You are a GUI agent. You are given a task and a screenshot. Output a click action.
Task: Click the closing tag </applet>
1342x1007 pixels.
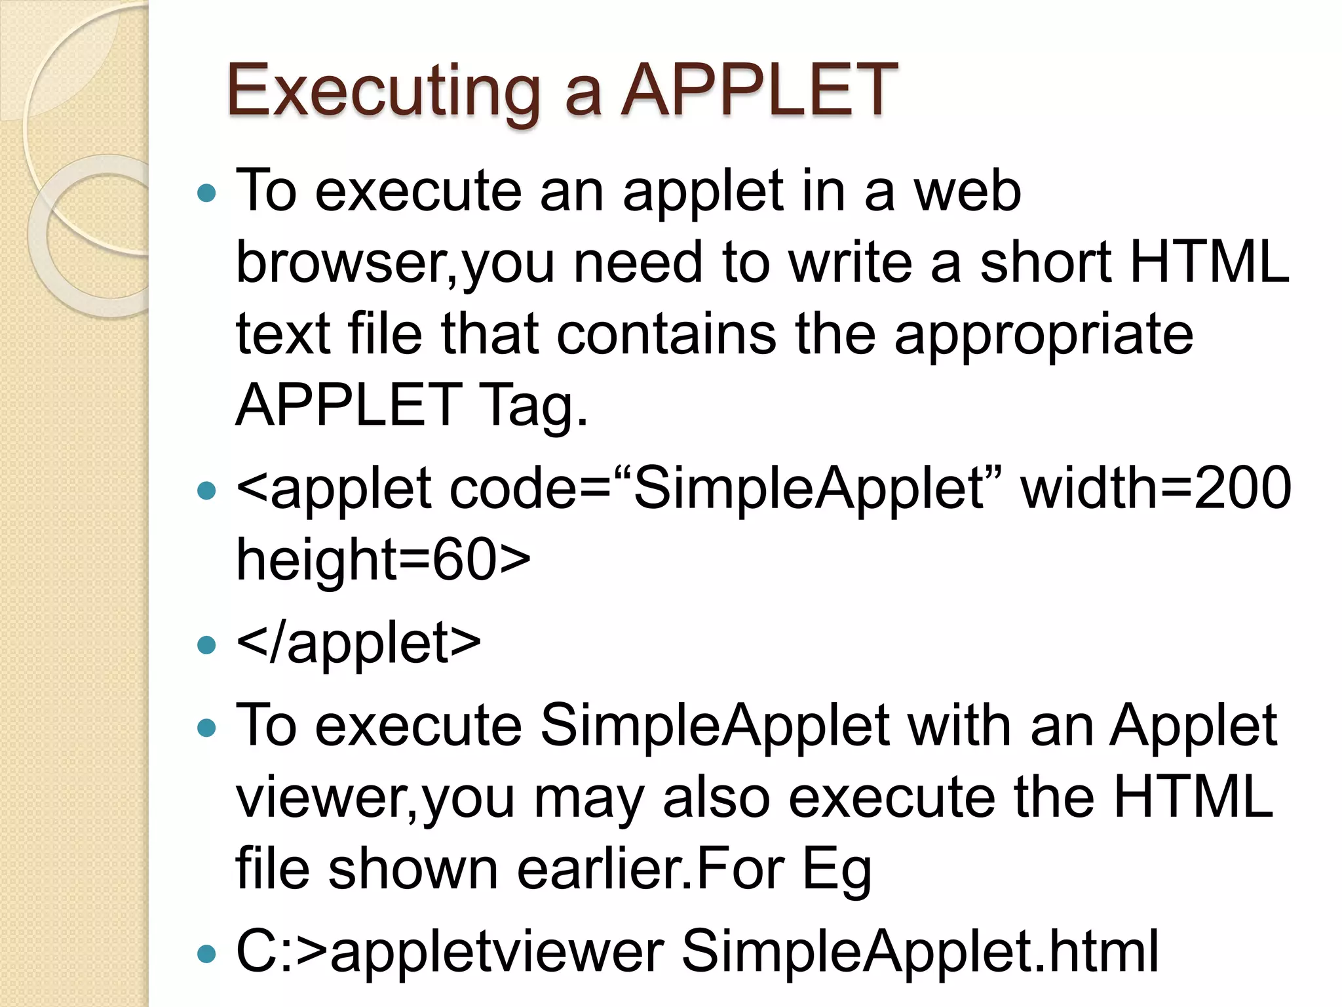tap(358, 642)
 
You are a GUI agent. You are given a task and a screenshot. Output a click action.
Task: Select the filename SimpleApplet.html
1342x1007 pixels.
tap(920, 951)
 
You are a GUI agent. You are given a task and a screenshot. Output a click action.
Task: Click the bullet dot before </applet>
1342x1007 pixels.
tap(206, 644)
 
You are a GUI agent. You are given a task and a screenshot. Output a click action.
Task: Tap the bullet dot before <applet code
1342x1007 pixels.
tap(206, 490)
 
